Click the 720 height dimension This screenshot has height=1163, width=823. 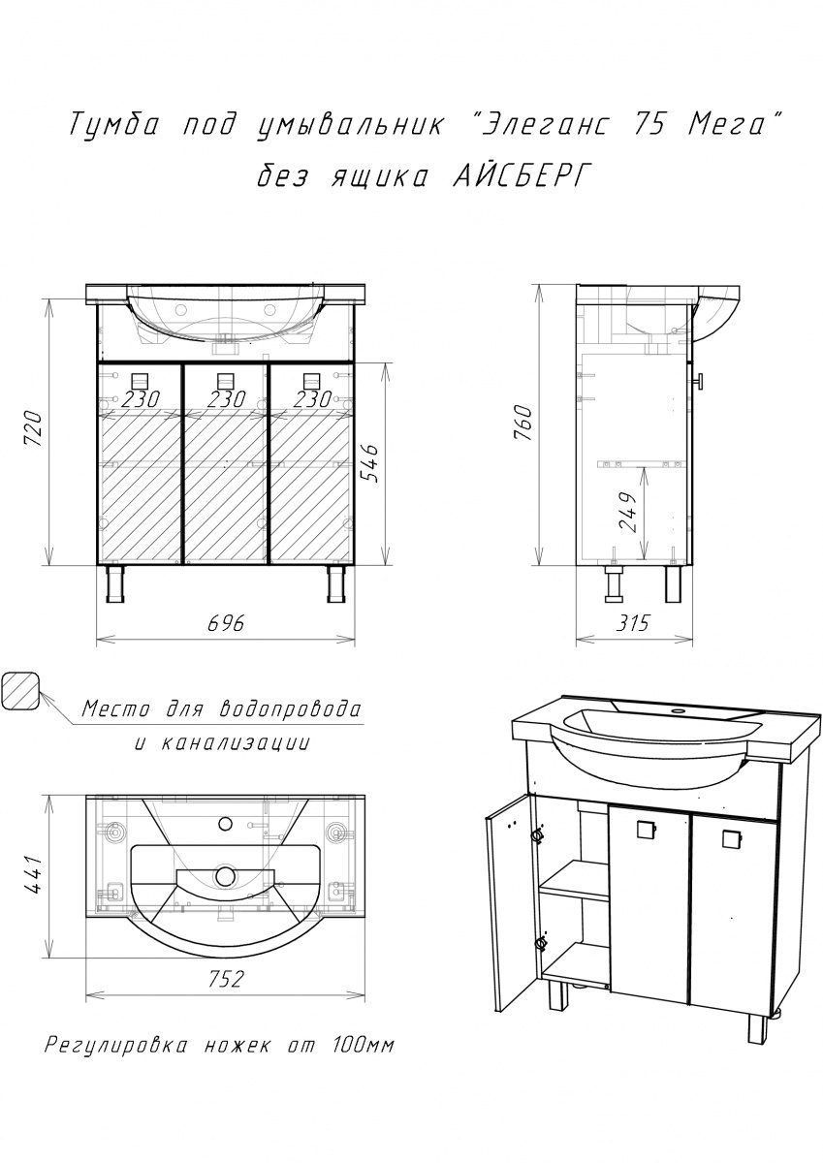click(x=33, y=427)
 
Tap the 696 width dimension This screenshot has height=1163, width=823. click(x=225, y=623)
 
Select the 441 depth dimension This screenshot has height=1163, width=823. click(x=32, y=875)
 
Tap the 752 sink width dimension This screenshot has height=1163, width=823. click(x=225, y=979)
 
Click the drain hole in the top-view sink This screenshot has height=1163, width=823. click(x=227, y=876)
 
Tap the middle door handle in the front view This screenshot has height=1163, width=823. click(x=226, y=380)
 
